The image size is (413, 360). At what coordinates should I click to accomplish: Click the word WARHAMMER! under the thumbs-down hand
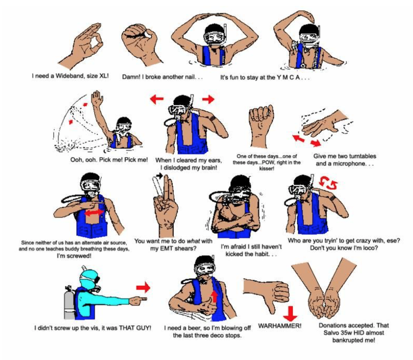(x=280, y=326)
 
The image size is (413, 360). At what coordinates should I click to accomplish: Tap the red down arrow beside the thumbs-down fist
(x=290, y=314)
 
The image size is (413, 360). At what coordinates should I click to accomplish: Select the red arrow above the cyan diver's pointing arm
(x=143, y=288)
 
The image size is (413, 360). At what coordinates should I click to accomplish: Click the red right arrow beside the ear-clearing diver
(x=209, y=99)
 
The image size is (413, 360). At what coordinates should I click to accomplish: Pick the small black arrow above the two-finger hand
(x=159, y=175)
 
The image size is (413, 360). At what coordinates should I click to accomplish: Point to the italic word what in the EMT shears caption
(x=193, y=241)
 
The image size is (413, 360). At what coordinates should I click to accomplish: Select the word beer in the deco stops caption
(x=188, y=328)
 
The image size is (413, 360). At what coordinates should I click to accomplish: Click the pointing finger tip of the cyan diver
(x=146, y=299)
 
